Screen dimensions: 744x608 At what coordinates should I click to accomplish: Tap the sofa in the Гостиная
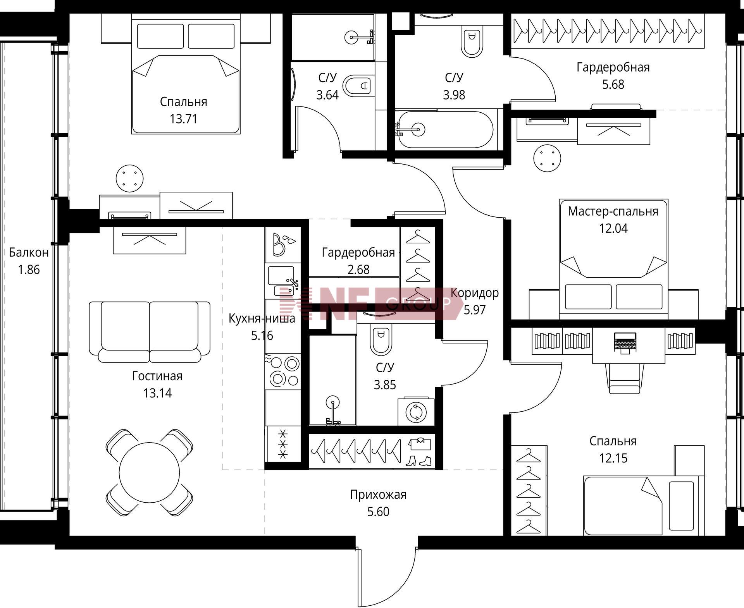point(150,332)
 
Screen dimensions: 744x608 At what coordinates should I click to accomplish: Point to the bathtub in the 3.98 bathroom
point(446,129)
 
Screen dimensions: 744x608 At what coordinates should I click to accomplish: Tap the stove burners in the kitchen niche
point(283,371)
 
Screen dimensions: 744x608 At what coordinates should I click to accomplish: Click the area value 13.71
point(184,119)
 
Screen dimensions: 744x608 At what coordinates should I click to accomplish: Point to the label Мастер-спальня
point(613,211)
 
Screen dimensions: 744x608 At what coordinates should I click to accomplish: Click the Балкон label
point(29,252)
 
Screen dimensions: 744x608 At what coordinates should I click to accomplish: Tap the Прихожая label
point(378,495)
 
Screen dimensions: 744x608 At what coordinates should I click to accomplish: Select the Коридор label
point(475,293)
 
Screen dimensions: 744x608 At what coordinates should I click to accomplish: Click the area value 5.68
point(613,84)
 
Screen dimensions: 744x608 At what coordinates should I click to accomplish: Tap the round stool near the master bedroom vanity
point(547,158)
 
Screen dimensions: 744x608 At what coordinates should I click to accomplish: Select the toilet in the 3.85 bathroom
point(381,340)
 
